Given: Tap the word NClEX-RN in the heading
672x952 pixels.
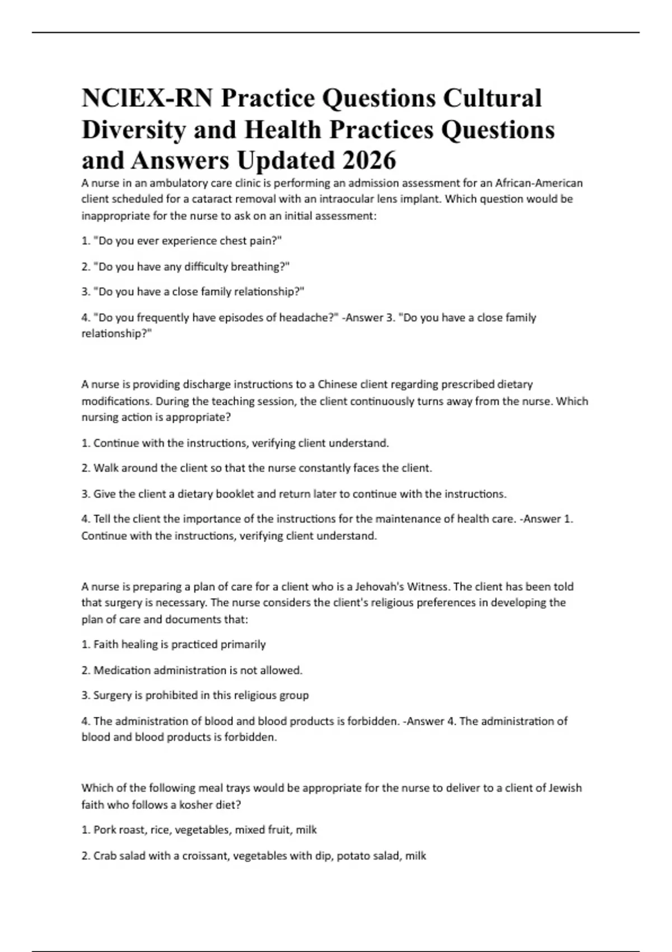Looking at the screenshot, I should [x=147, y=98].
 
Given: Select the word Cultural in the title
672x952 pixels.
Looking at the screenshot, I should [x=492, y=98].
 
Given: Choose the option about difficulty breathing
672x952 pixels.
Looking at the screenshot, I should [x=192, y=267].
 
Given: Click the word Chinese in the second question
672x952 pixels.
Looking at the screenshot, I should [x=337, y=385].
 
